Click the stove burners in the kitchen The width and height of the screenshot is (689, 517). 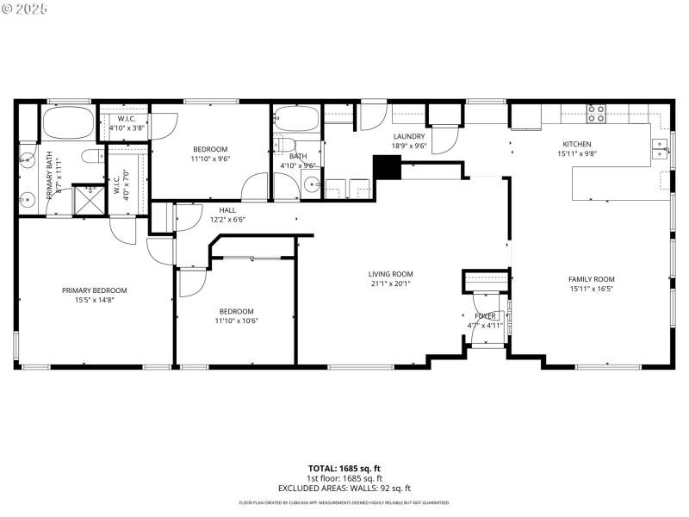[x=596, y=113]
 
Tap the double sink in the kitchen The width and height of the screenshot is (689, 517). [x=660, y=149]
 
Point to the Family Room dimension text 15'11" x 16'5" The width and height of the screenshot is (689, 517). [x=591, y=289]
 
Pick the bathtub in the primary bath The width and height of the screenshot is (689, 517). [x=68, y=124]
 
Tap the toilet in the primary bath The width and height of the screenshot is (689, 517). [x=91, y=155]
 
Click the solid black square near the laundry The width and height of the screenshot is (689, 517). [x=386, y=167]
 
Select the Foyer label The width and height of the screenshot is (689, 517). [x=485, y=316]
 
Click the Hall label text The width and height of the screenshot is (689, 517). [x=227, y=209]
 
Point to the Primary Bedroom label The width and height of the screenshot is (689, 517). [x=94, y=290]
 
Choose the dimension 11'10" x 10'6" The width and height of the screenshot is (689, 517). [x=236, y=321]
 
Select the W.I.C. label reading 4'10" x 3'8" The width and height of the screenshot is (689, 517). [x=127, y=128]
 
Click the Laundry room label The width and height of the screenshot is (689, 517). [x=409, y=137]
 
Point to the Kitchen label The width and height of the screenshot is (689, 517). [x=577, y=144]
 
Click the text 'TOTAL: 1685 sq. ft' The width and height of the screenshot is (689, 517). [x=344, y=469]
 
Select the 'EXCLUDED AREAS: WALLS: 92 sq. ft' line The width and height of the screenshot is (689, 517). [x=344, y=488]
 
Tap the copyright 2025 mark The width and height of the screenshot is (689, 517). [x=26, y=8]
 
